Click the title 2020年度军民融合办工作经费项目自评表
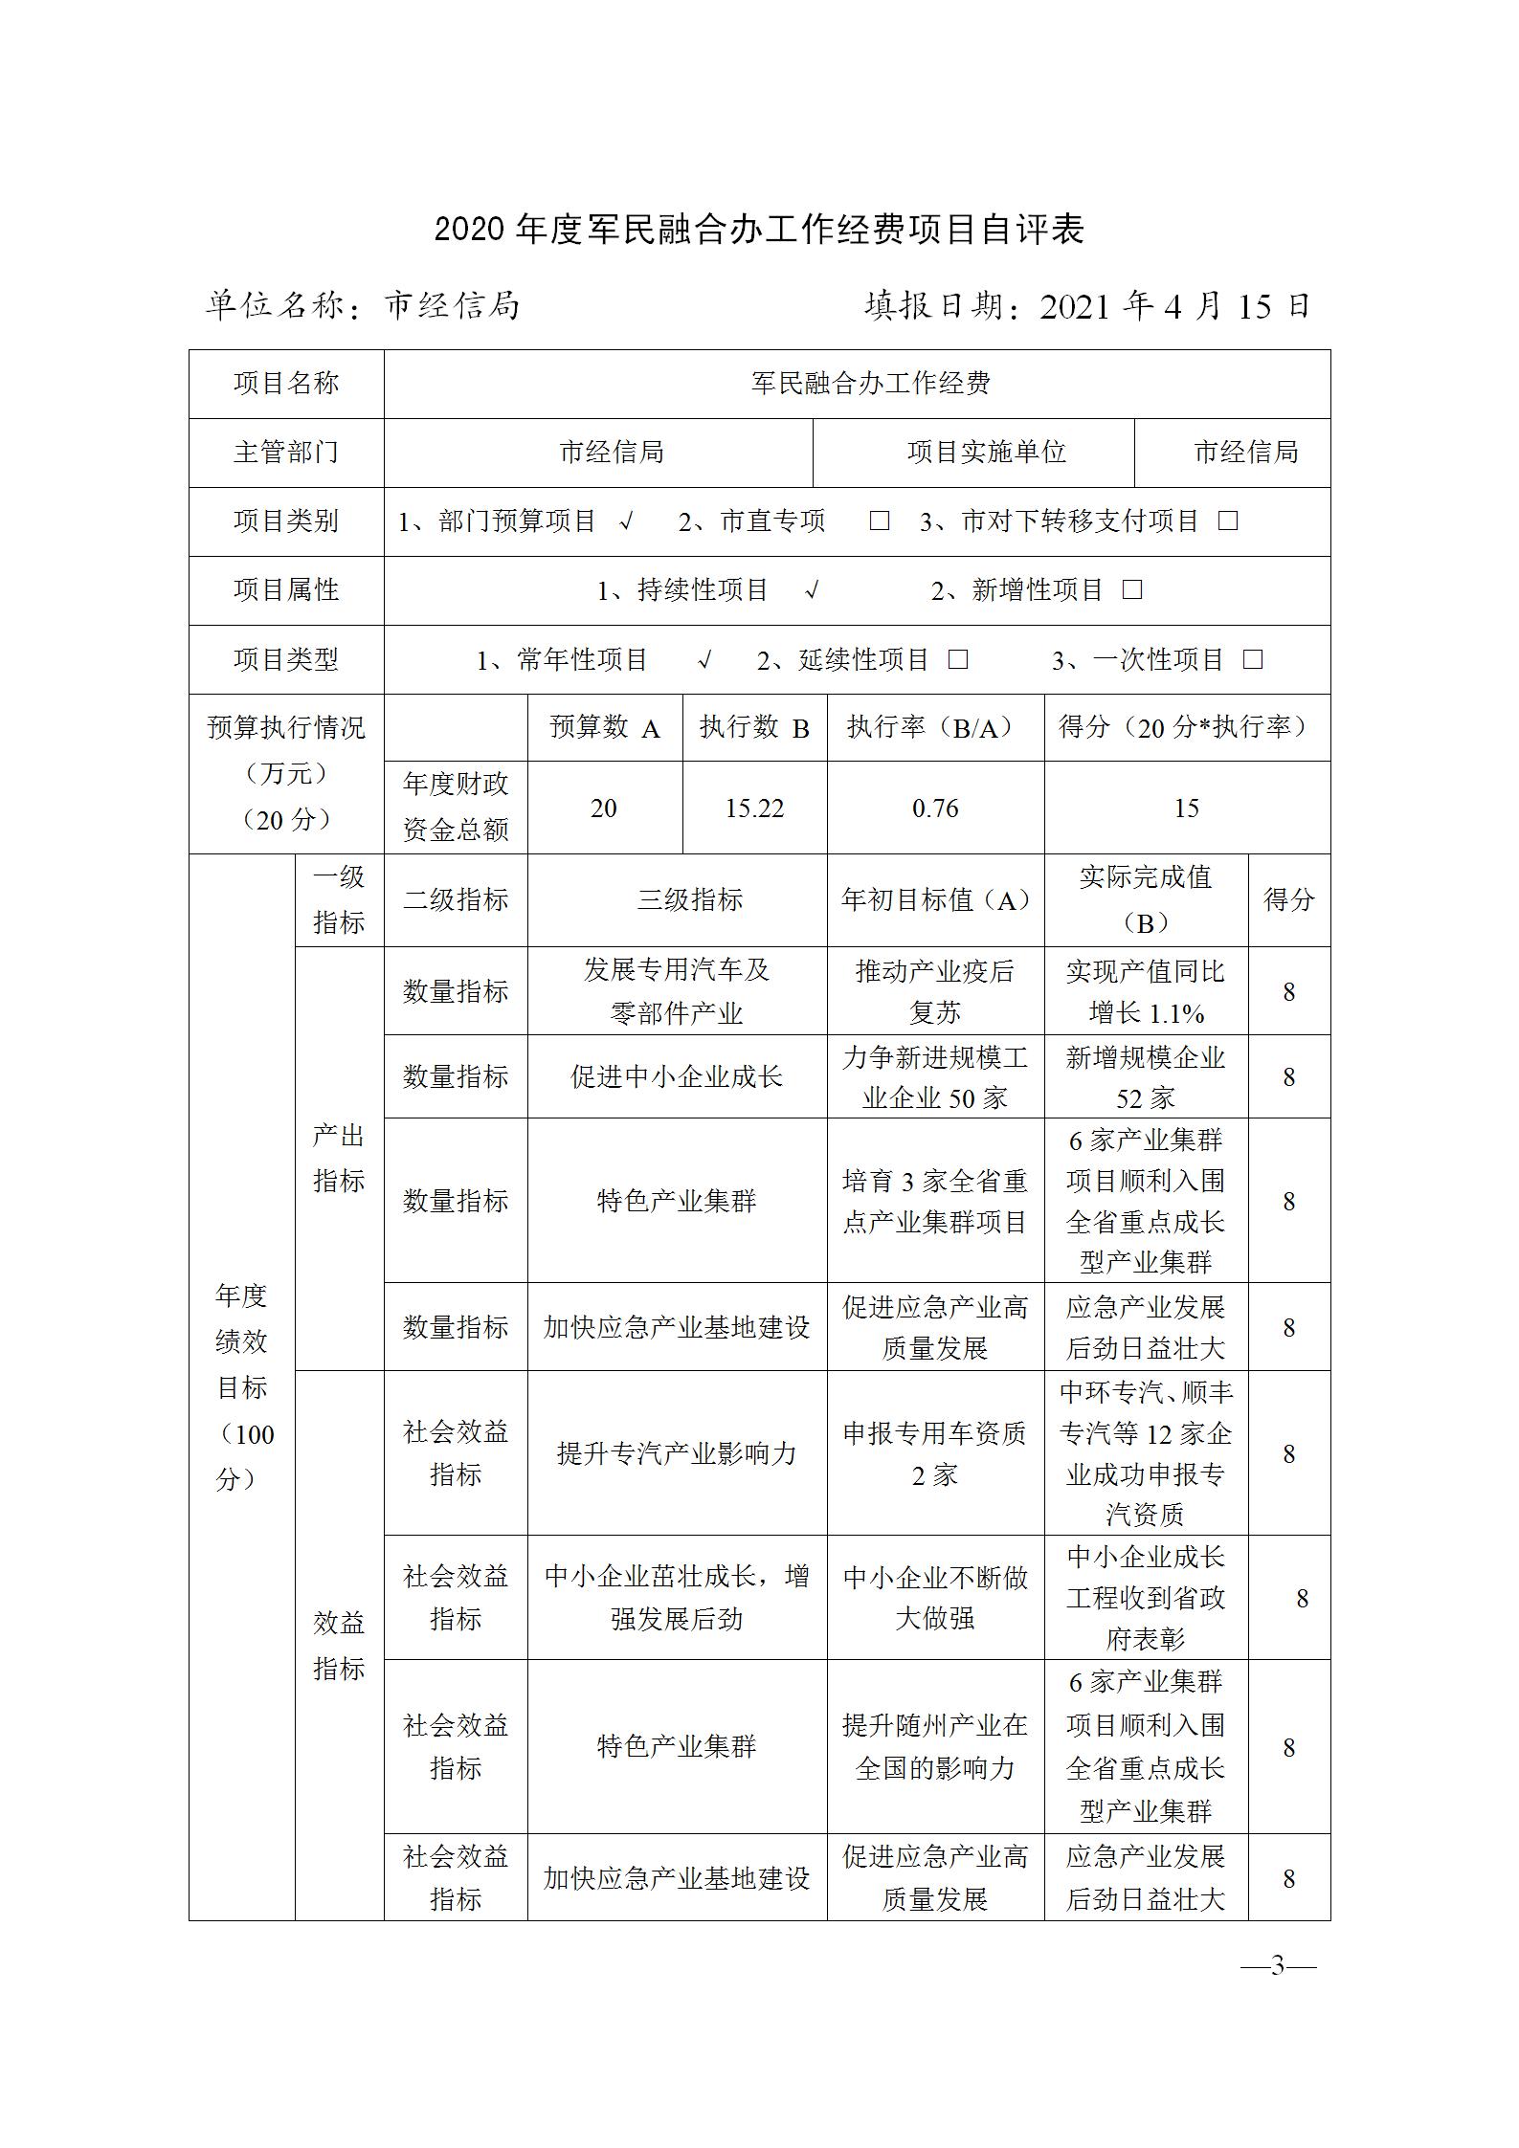[x=759, y=231]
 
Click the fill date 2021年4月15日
[x=1173, y=305]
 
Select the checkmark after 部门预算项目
[x=627, y=521]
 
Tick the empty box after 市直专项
[x=879, y=521]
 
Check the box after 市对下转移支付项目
[x=1228, y=521]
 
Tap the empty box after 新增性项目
[x=1132, y=590]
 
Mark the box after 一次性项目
[x=1253, y=660]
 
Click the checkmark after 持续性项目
[x=812, y=590]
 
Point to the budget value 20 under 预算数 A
[x=604, y=808]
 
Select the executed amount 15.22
[x=754, y=808]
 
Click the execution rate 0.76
[x=935, y=808]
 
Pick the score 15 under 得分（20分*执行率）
[x=1186, y=808]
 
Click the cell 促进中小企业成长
[x=677, y=1077]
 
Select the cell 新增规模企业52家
[x=1146, y=1077]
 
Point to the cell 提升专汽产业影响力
[x=677, y=1454]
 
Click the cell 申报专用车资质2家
[x=935, y=1454]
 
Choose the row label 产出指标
[x=339, y=1159]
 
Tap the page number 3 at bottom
[x=1278, y=1967]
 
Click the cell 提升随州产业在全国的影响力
[x=935, y=1747]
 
